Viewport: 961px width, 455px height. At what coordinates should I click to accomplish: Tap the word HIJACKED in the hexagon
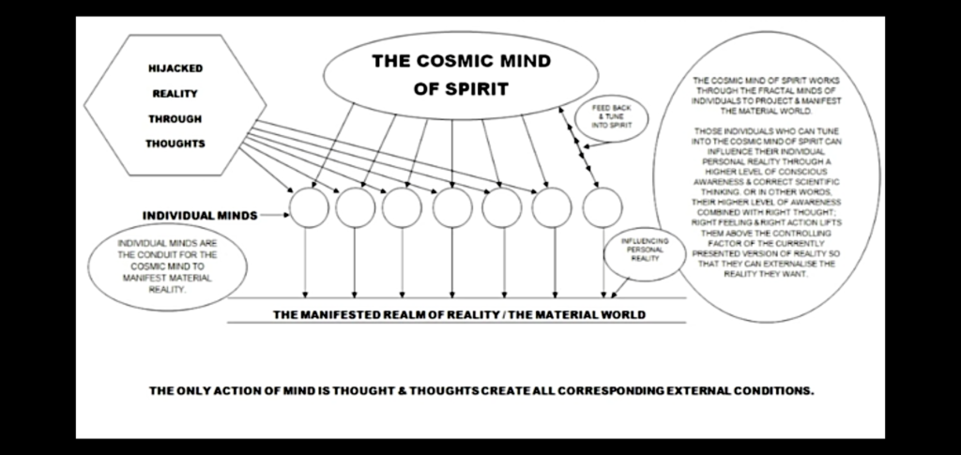[175, 68]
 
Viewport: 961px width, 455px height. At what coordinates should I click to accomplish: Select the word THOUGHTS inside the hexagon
[175, 144]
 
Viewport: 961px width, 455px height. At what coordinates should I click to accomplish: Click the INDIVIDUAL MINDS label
[199, 216]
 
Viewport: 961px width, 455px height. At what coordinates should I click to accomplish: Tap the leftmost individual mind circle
[308, 207]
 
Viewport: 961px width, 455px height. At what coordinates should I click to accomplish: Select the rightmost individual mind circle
[602, 207]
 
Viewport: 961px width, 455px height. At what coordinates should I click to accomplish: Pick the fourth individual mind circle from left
[452, 207]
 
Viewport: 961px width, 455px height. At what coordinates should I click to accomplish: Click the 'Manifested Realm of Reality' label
[459, 314]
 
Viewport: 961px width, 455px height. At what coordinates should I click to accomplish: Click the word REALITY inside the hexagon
[175, 94]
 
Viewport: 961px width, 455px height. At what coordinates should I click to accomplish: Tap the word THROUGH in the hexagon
[175, 119]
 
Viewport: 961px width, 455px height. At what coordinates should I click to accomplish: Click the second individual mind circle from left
[355, 207]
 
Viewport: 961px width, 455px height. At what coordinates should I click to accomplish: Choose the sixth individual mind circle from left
[552, 207]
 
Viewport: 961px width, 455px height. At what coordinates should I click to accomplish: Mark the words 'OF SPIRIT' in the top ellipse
[461, 91]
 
